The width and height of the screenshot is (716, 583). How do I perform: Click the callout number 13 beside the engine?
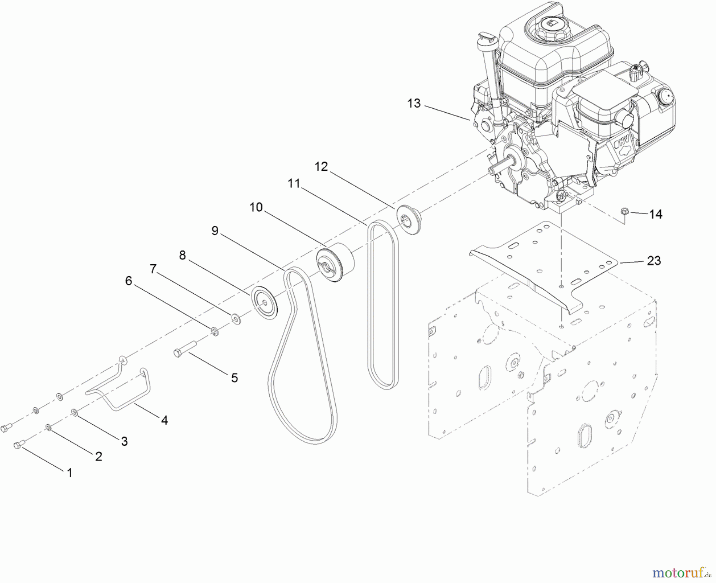(x=414, y=103)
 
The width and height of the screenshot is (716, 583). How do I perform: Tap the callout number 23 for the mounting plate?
(x=654, y=261)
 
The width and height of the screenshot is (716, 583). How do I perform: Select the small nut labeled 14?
(x=624, y=211)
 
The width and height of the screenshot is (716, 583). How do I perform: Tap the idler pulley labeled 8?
(x=265, y=302)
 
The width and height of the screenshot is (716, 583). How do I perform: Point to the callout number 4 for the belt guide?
(x=164, y=419)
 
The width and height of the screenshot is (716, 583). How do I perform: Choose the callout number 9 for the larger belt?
(x=215, y=231)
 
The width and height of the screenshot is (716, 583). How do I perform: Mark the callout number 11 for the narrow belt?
(x=294, y=183)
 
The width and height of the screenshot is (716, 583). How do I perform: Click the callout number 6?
(x=128, y=281)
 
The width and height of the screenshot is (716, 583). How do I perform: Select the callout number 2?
(x=99, y=456)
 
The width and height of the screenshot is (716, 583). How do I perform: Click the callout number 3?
(x=124, y=441)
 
